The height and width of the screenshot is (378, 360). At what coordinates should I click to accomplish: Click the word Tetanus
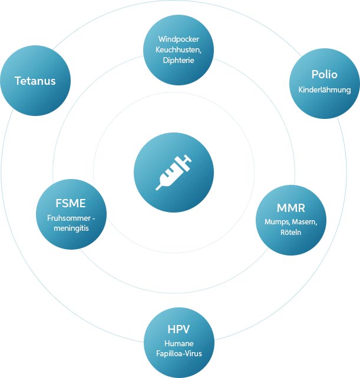[35, 81]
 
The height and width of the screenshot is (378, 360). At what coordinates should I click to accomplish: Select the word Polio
[324, 75]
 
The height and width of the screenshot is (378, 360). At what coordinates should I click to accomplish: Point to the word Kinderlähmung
[324, 90]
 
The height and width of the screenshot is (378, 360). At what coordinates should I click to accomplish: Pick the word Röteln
[290, 232]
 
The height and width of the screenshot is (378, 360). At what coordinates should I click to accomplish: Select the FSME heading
[70, 204]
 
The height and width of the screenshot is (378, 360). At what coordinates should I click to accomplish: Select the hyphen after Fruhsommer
[93, 218]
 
